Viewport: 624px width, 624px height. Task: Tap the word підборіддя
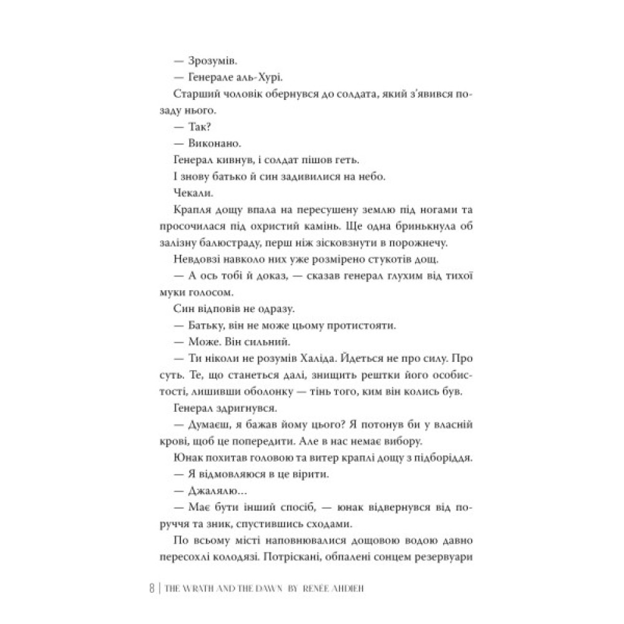422,457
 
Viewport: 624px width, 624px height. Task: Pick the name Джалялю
213,490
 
